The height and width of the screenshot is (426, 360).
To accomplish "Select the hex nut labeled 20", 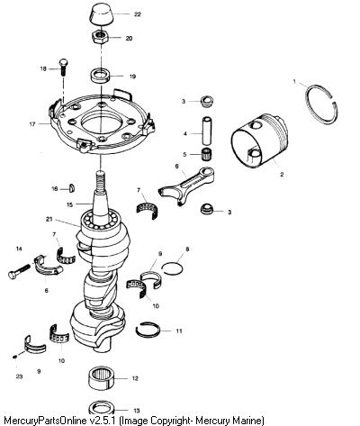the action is coord(100,38).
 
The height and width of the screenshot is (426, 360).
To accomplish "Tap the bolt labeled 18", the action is coord(64,68).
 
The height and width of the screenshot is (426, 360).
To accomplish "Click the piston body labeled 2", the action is coord(259,140).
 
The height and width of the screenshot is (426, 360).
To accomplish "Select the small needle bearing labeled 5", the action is coord(206,154).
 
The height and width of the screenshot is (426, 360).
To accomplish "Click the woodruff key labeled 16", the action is coord(72,187).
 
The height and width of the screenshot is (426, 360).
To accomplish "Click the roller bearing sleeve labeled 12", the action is coord(102,379).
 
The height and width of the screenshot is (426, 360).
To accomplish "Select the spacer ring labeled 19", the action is coord(101,77).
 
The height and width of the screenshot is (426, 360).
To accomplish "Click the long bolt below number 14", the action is coord(19,271).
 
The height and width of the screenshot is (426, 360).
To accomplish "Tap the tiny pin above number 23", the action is coord(15,357).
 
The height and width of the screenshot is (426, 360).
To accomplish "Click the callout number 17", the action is coord(32,123).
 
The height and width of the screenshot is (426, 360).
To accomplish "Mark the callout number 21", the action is coord(49,219).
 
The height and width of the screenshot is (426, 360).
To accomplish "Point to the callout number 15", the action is coord(69,204).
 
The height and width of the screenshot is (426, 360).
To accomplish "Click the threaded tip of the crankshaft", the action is coord(100,180).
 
